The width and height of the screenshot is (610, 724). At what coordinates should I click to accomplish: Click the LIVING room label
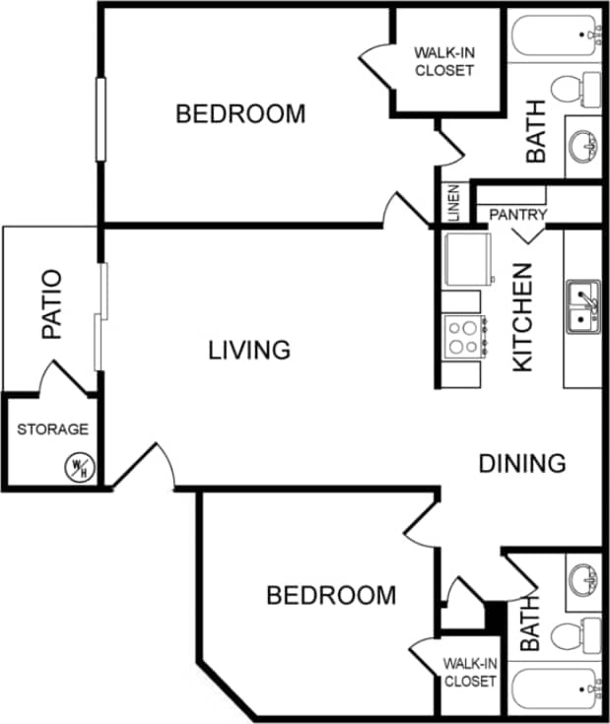click(x=249, y=350)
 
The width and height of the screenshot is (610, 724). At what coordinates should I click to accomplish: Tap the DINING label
click(x=521, y=463)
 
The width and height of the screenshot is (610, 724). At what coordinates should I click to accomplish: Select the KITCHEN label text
click(x=522, y=316)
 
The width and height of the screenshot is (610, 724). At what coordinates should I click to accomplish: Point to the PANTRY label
click(x=517, y=214)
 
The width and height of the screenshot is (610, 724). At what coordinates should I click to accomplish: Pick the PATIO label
click(x=51, y=304)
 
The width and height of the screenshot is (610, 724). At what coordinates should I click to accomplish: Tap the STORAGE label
click(x=52, y=429)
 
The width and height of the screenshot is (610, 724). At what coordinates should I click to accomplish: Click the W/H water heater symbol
click(x=79, y=468)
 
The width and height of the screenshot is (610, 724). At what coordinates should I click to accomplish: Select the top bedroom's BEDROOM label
click(x=240, y=114)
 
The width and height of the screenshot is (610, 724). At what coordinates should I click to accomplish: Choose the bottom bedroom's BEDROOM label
click(x=331, y=596)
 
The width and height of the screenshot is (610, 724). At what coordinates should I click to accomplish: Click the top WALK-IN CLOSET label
click(x=443, y=61)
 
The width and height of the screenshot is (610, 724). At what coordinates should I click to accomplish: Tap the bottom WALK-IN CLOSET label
click(x=470, y=672)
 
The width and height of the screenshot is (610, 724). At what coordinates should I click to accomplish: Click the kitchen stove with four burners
click(x=463, y=336)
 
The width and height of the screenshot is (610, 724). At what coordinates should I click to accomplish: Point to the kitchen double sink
click(x=582, y=305)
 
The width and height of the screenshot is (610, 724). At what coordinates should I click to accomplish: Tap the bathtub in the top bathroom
click(x=555, y=35)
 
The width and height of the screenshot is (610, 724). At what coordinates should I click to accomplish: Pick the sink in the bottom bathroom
click(x=582, y=587)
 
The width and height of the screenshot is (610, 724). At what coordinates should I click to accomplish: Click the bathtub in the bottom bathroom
click(x=555, y=691)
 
